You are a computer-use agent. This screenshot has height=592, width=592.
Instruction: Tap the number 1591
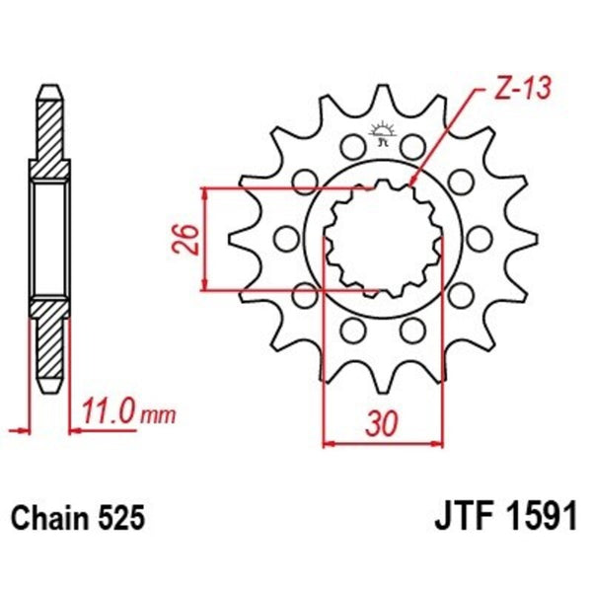(542, 518)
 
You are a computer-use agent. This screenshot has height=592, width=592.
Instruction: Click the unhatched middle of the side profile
(50, 239)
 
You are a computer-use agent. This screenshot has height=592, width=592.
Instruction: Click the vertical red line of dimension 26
(204, 239)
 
